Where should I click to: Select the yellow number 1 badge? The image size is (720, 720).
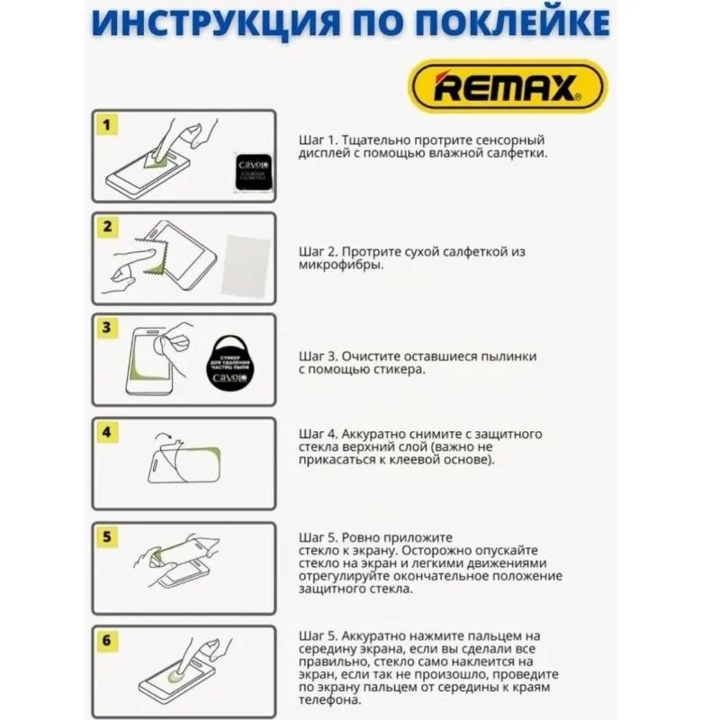pos(106,125)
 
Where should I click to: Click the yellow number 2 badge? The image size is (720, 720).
pos(106,227)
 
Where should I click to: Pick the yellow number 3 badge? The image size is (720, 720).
pos(106,328)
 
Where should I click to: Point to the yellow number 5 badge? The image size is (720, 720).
pos(106,537)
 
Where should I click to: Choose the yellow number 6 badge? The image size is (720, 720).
pos(106,641)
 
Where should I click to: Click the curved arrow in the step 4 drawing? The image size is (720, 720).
pos(166,439)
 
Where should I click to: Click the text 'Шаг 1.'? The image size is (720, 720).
pos(318,141)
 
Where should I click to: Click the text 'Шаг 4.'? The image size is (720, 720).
pos(319,434)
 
